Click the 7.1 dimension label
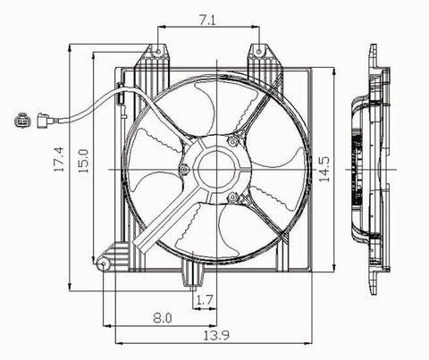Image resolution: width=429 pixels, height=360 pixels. [x=208, y=20]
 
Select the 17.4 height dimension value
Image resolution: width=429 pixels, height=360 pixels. [x=59, y=159]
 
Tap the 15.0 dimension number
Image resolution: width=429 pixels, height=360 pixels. [x=83, y=161]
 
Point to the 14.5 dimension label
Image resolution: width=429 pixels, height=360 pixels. [x=324, y=169]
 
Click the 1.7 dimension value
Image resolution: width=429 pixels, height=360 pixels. [x=205, y=300]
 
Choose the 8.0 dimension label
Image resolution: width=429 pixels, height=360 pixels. [x=163, y=318]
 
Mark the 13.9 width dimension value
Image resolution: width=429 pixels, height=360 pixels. [x=216, y=336]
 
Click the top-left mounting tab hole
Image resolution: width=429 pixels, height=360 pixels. [x=158, y=52]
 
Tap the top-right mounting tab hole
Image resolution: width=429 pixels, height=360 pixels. [x=259, y=52]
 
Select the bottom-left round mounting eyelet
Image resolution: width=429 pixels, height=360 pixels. [x=104, y=264]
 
